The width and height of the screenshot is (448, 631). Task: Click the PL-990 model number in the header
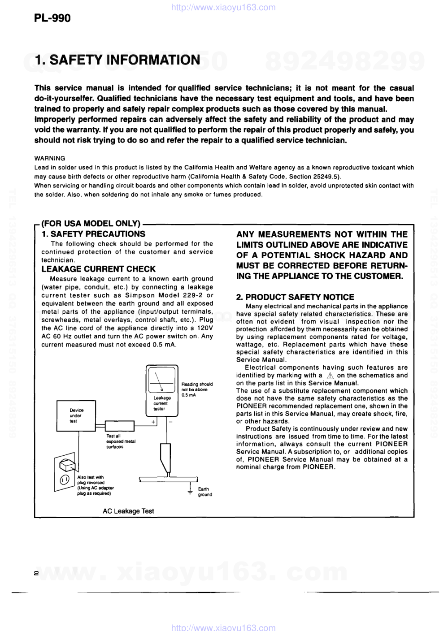52,18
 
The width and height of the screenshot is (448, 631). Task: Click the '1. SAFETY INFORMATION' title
117,60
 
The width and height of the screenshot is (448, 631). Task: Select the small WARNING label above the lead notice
50,158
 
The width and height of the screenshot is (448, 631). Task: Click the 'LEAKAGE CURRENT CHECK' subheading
98,269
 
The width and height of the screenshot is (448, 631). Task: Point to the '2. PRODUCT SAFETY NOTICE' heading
295,297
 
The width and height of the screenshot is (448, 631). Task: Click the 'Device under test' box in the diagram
76,415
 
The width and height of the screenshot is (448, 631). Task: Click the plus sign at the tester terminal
153,422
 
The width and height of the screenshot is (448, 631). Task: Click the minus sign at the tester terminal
171,422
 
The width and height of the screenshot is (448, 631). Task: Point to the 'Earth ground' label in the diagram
204,492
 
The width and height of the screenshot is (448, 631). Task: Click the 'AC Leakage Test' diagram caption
128,511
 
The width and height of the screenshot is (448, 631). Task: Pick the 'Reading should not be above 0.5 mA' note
196,389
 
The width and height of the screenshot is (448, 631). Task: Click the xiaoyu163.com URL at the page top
224,7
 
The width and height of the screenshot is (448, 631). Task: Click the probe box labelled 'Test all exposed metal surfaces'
119,425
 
